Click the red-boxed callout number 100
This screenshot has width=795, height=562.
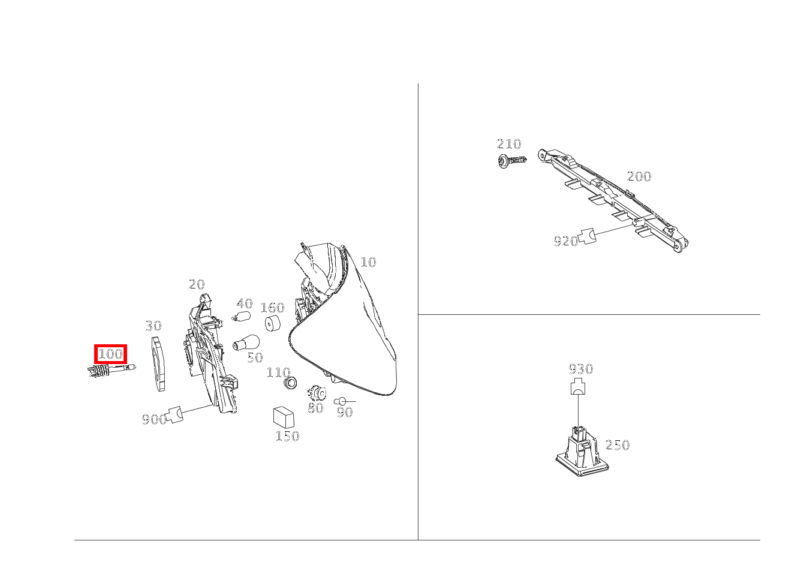click(110, 354)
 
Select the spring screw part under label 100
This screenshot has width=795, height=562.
click(112, 370)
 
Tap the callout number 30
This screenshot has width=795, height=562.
click(153, 326)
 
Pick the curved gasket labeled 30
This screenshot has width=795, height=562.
click(158, 364)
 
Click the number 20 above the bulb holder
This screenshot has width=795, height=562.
click(197, 284)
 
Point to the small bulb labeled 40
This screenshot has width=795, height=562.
click(242, 315)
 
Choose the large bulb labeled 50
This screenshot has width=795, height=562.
click(246, 342)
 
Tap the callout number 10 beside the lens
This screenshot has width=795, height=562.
click(368, 262)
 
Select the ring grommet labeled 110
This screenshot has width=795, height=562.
click(290, 383)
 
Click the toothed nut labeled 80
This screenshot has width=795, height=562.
click(317, 393)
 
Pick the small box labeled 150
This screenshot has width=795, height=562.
click(284, 417)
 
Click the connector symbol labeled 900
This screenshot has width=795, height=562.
click(174, 414)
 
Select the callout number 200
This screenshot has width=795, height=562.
click(639, 176)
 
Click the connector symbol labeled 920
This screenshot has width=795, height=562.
click(587, 236)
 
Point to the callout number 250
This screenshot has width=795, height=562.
click(618, 445)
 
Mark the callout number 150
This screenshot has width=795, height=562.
click(287, 436)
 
